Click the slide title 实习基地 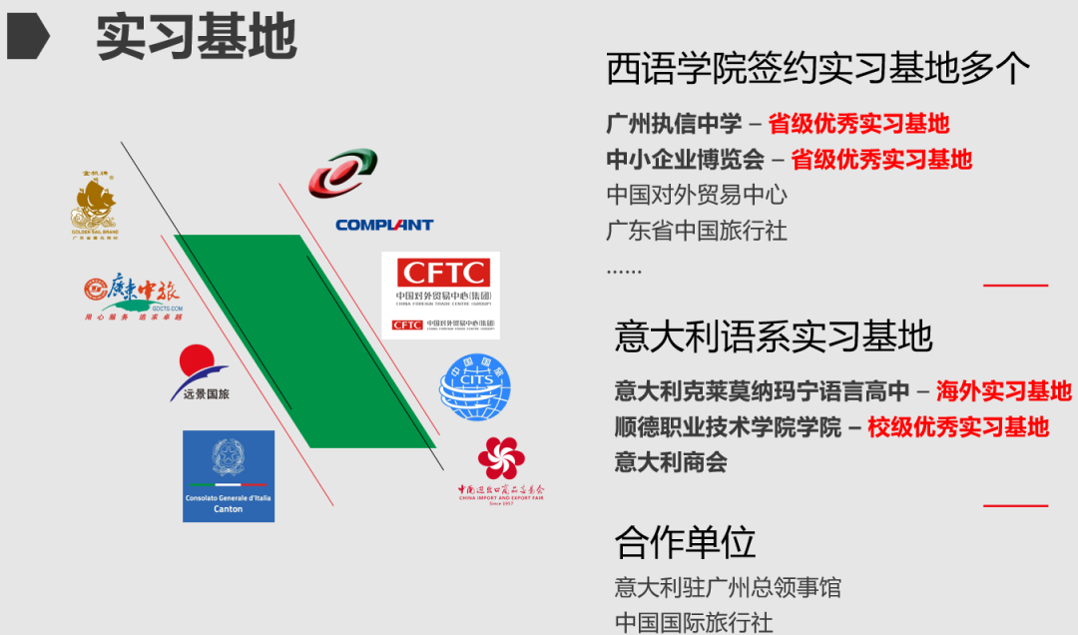[x=196, y=37]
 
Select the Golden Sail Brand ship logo [x=94, y=206]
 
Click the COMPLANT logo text [x=384, y=225]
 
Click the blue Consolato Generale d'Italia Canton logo [x=229, y=476]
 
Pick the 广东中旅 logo [x=133, y=295]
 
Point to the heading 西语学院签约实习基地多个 [x=818, y=69]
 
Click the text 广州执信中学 [x=674, y=124]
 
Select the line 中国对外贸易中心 [x=697, y=195]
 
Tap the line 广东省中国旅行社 [x=697, y=231]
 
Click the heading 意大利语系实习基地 [x=774, y=335]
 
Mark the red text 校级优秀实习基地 [x=958, y=427]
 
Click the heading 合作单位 [x=685, y=542]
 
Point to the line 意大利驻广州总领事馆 [x=728, y=587]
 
